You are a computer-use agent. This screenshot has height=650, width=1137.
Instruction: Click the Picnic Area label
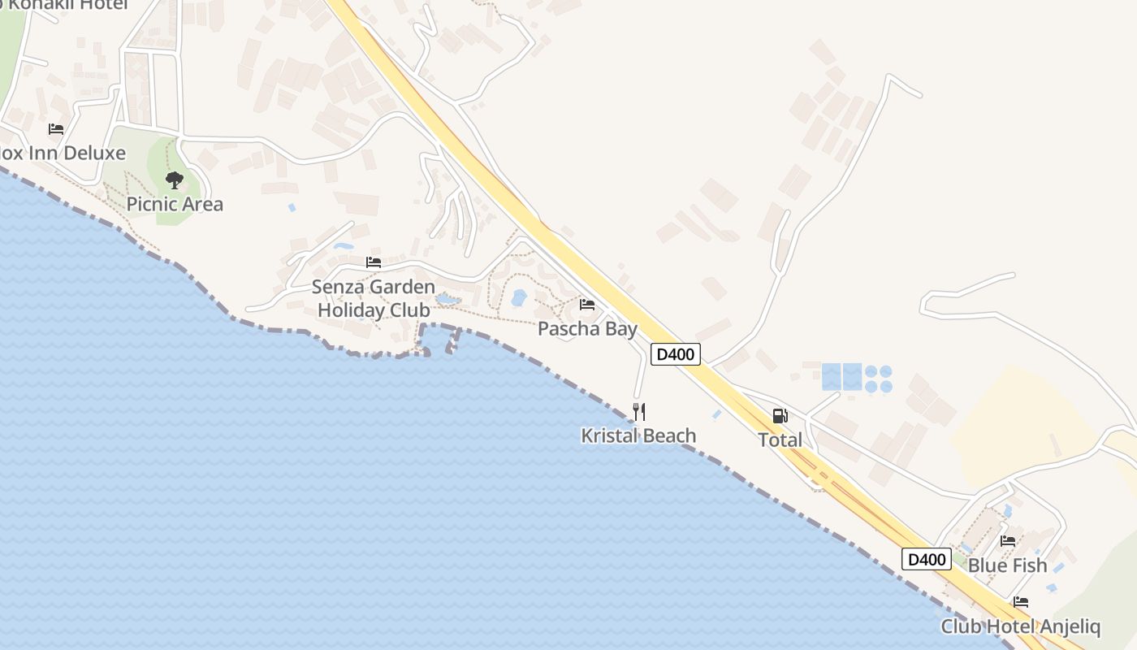tap(175, 204)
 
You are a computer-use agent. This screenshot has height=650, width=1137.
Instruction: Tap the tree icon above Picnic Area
tap(174, 180)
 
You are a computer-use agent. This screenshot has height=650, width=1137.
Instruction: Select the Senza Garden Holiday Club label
tap(374, 298)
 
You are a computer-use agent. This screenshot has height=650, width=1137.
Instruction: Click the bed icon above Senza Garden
tap(374, 262)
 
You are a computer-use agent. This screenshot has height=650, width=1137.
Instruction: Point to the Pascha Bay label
tap(587, 329)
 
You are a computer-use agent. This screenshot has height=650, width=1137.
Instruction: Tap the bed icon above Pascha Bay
tap(587, 305)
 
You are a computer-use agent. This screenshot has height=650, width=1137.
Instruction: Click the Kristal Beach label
tap(638, 436)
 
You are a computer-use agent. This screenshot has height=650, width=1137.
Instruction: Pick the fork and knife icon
tap(639, 412)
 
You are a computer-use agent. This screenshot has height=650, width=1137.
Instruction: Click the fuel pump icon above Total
tap(780, 416)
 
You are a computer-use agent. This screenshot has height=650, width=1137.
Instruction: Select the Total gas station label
tap(780, 440)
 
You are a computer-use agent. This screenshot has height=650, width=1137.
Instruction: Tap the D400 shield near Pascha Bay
tap(676, 354)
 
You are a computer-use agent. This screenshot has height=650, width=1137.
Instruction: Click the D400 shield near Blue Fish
tap(927, 559)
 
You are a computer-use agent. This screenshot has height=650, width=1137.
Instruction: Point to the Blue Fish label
tap(1008, 565)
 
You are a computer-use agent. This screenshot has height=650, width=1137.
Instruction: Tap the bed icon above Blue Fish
tap(1008, 541)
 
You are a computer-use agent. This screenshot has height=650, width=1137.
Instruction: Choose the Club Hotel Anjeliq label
tap(1020, 627)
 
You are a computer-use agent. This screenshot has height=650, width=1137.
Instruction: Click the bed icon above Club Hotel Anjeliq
tap(1021, 602)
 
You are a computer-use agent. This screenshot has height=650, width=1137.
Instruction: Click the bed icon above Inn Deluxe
tap(56, 129)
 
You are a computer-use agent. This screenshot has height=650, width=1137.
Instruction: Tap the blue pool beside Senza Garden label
tap(447, 300)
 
